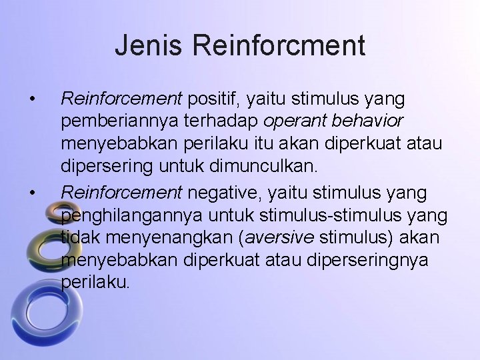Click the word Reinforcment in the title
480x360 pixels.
coord(279,46)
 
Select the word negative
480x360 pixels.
coord(219,193)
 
